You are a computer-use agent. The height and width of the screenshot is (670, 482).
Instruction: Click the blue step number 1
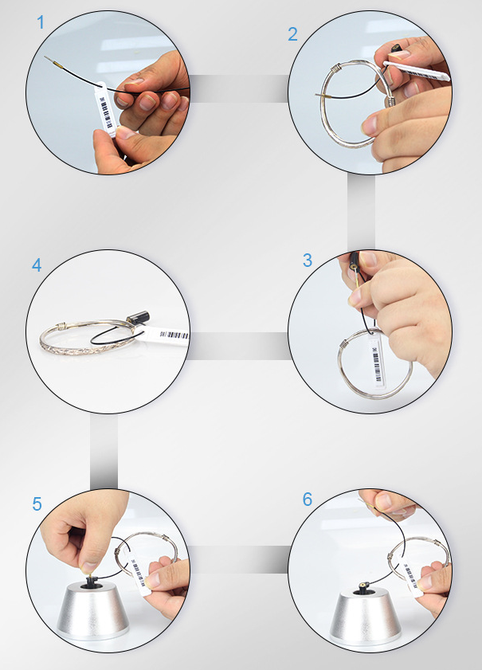click(41, 22)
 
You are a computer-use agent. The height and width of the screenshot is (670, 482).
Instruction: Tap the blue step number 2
click(292, 34)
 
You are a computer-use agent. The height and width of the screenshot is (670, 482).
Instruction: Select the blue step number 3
click(308, 260)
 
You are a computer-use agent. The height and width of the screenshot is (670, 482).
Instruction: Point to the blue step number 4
click(37, 265)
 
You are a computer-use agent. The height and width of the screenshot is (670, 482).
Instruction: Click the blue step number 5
click(37, 504)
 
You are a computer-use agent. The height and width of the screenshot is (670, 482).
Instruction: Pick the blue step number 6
click(308, 499)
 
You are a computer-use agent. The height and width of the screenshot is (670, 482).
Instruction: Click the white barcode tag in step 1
click(104, 108)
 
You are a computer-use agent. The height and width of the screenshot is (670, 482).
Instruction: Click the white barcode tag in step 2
click(417, 71)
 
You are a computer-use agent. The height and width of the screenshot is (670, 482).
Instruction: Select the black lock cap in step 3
click(355, 261)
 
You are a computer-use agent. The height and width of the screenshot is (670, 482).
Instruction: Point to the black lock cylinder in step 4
click(138, 318)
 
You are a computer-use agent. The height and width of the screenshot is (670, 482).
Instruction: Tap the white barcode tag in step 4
click(167, 336)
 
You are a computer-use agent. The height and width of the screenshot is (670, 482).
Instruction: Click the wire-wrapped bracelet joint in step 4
click(62, 327)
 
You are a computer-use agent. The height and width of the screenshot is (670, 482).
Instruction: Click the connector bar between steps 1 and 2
click(238, 88)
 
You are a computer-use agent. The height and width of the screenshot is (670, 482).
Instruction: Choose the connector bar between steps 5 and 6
click(239, 559)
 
